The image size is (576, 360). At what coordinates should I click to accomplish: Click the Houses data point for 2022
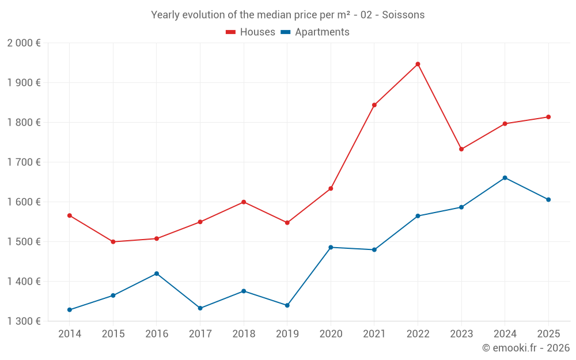418,64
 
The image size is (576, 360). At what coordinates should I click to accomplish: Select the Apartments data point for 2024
505,177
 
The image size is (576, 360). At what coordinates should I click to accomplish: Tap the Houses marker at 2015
113,242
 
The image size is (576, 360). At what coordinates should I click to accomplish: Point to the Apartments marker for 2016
157,274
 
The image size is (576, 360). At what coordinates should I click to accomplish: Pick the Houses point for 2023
461,149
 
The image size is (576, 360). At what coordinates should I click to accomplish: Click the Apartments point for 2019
287,305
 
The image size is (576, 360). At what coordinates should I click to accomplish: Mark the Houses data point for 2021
374,105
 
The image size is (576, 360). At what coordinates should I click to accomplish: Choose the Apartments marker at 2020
331,247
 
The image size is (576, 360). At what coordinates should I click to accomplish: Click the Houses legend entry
251,32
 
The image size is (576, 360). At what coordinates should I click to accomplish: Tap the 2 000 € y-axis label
24,43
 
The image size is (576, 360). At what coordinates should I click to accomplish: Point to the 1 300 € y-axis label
24,321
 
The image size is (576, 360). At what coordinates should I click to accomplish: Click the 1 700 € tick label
24,162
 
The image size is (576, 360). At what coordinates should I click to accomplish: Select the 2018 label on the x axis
244,334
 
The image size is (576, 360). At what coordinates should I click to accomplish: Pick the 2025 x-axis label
548,334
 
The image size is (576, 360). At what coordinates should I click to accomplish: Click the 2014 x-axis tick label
70,334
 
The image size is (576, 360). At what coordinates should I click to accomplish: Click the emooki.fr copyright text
525,348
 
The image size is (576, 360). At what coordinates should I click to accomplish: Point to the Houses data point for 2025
548,117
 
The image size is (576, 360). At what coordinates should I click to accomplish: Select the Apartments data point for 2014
70,310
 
